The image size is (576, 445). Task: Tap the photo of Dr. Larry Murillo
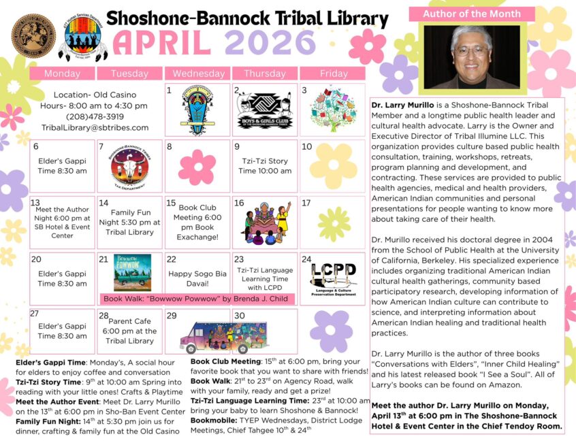pos(472,57)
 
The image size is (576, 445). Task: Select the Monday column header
pos(62,73)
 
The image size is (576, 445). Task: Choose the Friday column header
pos(332,73)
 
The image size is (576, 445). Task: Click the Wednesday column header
pos(198,73)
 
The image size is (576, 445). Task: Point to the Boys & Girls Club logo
pos(265,110)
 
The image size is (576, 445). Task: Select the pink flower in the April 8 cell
pos(197,167)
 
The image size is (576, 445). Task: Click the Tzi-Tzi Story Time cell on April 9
pos(264,166)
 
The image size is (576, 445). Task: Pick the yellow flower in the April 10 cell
pos(333,166)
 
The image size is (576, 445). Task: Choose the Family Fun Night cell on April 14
pos(129,222)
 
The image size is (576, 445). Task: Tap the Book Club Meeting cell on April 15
pos(197,222)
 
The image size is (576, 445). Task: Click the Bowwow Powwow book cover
pos(132,272)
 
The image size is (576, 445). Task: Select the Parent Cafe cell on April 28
pos(129,331)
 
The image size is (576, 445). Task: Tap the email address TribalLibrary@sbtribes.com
pos(95,127)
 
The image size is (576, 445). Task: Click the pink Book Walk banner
pos(198,298)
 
